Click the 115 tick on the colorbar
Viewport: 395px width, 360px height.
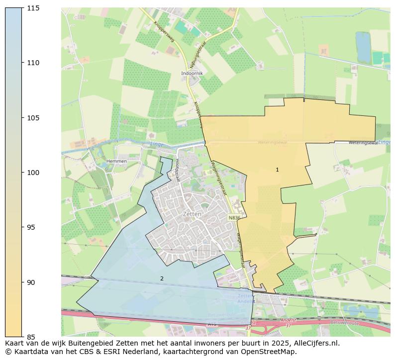pos(33,8)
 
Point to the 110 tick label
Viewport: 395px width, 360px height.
pos(33,63)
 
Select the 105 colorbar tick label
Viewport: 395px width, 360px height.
pos(33,118)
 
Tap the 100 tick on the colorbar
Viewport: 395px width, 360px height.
pos(33,173)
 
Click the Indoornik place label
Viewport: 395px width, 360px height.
pos(192,73)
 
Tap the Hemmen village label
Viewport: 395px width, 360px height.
pos(116,161)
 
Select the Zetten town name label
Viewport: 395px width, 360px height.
pos(192,214)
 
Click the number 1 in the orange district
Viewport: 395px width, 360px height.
pos(277,170)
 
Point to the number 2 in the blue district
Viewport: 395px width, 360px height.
pos(162,278)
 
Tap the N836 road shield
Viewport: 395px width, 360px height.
pos(234,218)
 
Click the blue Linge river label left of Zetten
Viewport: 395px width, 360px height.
pos(157,144)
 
